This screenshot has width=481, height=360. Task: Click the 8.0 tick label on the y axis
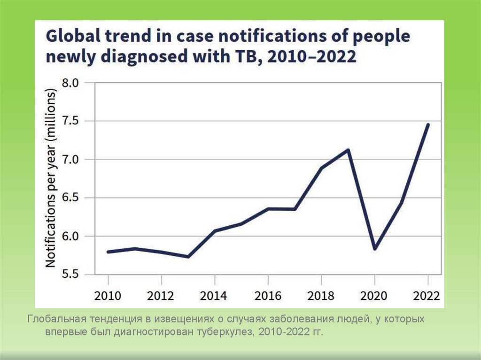coord(71,83)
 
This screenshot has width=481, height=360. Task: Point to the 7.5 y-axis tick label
coord(71,122)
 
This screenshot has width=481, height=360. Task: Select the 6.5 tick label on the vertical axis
coord(71,198)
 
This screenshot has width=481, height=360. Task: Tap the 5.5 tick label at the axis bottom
coord(71,275)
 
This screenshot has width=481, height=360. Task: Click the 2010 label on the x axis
coord(108,296)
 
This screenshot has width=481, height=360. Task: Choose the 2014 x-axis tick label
coord(214,296)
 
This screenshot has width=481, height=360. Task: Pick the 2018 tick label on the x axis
coord(321,296)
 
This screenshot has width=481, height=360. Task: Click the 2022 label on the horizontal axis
coord(427,296)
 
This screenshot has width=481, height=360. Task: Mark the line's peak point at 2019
coord(348,150)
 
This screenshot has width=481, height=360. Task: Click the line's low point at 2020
coord(375,249)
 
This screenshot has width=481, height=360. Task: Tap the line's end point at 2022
coord(428,124)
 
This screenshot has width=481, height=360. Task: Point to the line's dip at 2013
coord(188,257)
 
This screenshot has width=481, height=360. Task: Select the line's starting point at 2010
coord(108,252)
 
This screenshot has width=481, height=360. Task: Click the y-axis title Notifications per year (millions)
coord(51,178)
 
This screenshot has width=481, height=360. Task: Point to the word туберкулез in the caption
coord(229,332)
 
